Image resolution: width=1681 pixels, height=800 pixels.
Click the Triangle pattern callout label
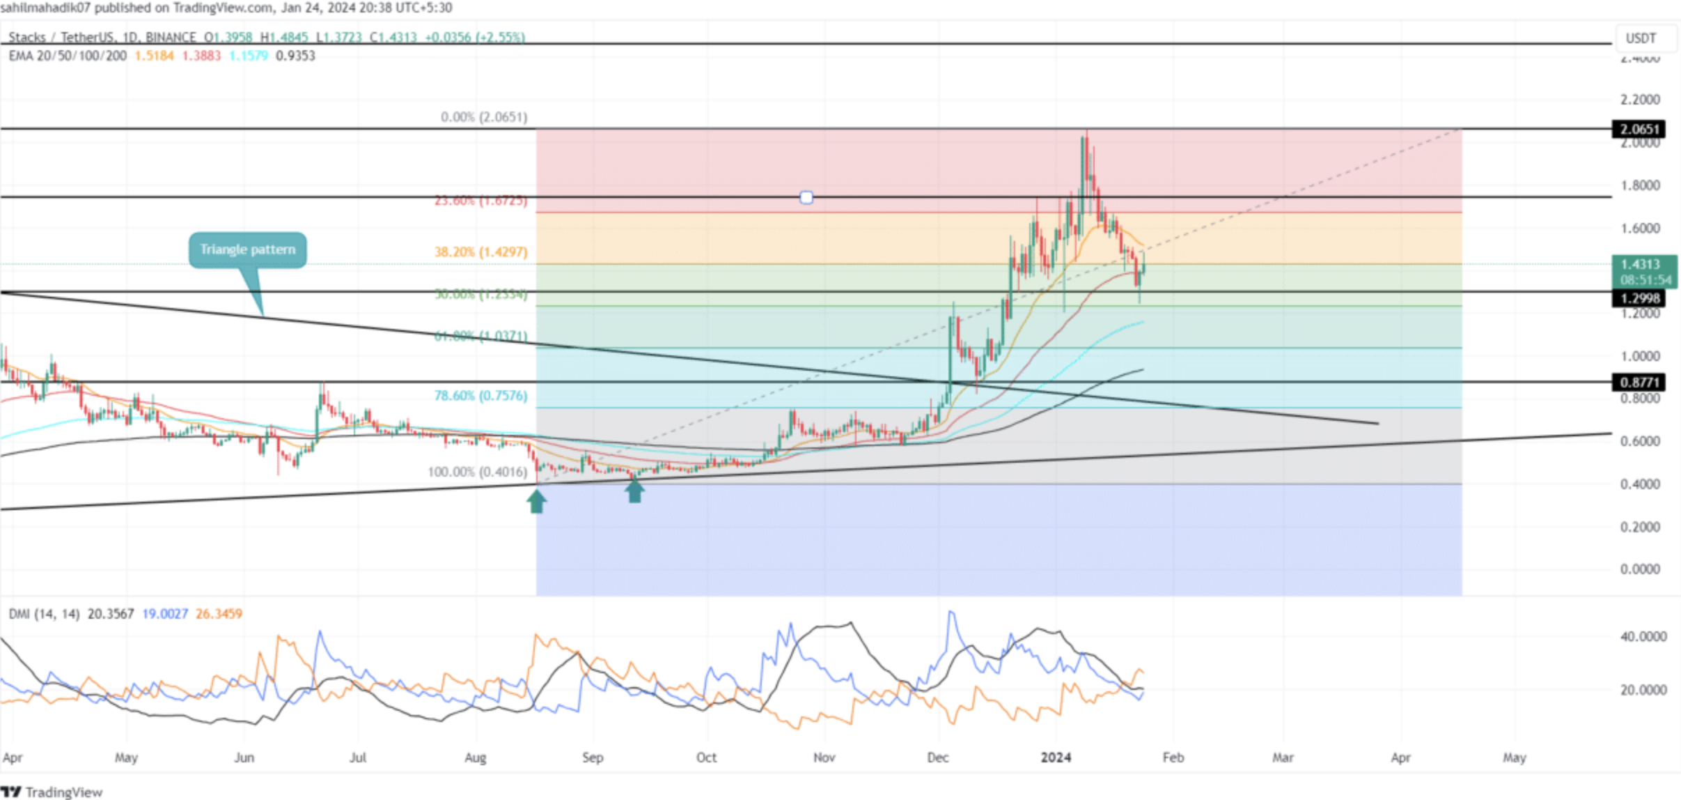(247, 249)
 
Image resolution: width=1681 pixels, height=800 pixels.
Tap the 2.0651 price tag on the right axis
(1639, 129)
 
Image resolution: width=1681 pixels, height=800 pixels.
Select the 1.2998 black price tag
(1639, 298)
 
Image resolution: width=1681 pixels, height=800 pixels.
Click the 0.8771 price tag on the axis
(1639, 382)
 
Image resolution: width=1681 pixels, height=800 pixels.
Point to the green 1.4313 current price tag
(1643, 271)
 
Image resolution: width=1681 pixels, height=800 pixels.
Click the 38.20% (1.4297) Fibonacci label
(480, 252)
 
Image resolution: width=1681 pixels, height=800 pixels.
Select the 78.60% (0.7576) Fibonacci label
(480, 395)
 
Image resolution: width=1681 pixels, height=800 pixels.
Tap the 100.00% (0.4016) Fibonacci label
(477, 472)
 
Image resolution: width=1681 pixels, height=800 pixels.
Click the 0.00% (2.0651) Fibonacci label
(484, 117)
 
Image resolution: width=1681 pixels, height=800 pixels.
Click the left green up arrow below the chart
(536, 501)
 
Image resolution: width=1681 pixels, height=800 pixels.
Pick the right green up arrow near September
(634, 491)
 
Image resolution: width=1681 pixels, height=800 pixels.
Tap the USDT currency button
(1641, 38)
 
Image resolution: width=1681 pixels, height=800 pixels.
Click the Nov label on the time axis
(824, 757)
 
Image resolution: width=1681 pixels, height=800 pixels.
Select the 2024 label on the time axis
(1056, 757)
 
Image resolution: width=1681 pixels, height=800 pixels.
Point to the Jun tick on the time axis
(244, 757)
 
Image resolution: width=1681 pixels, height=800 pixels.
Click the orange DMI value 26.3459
(219, 614)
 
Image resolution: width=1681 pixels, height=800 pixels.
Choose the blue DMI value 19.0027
(165, 614)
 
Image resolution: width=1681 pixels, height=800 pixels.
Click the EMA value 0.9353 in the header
(295, 56)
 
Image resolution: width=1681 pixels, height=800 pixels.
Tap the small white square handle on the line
(806, 198)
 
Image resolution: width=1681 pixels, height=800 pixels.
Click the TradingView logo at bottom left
(52, 792)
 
